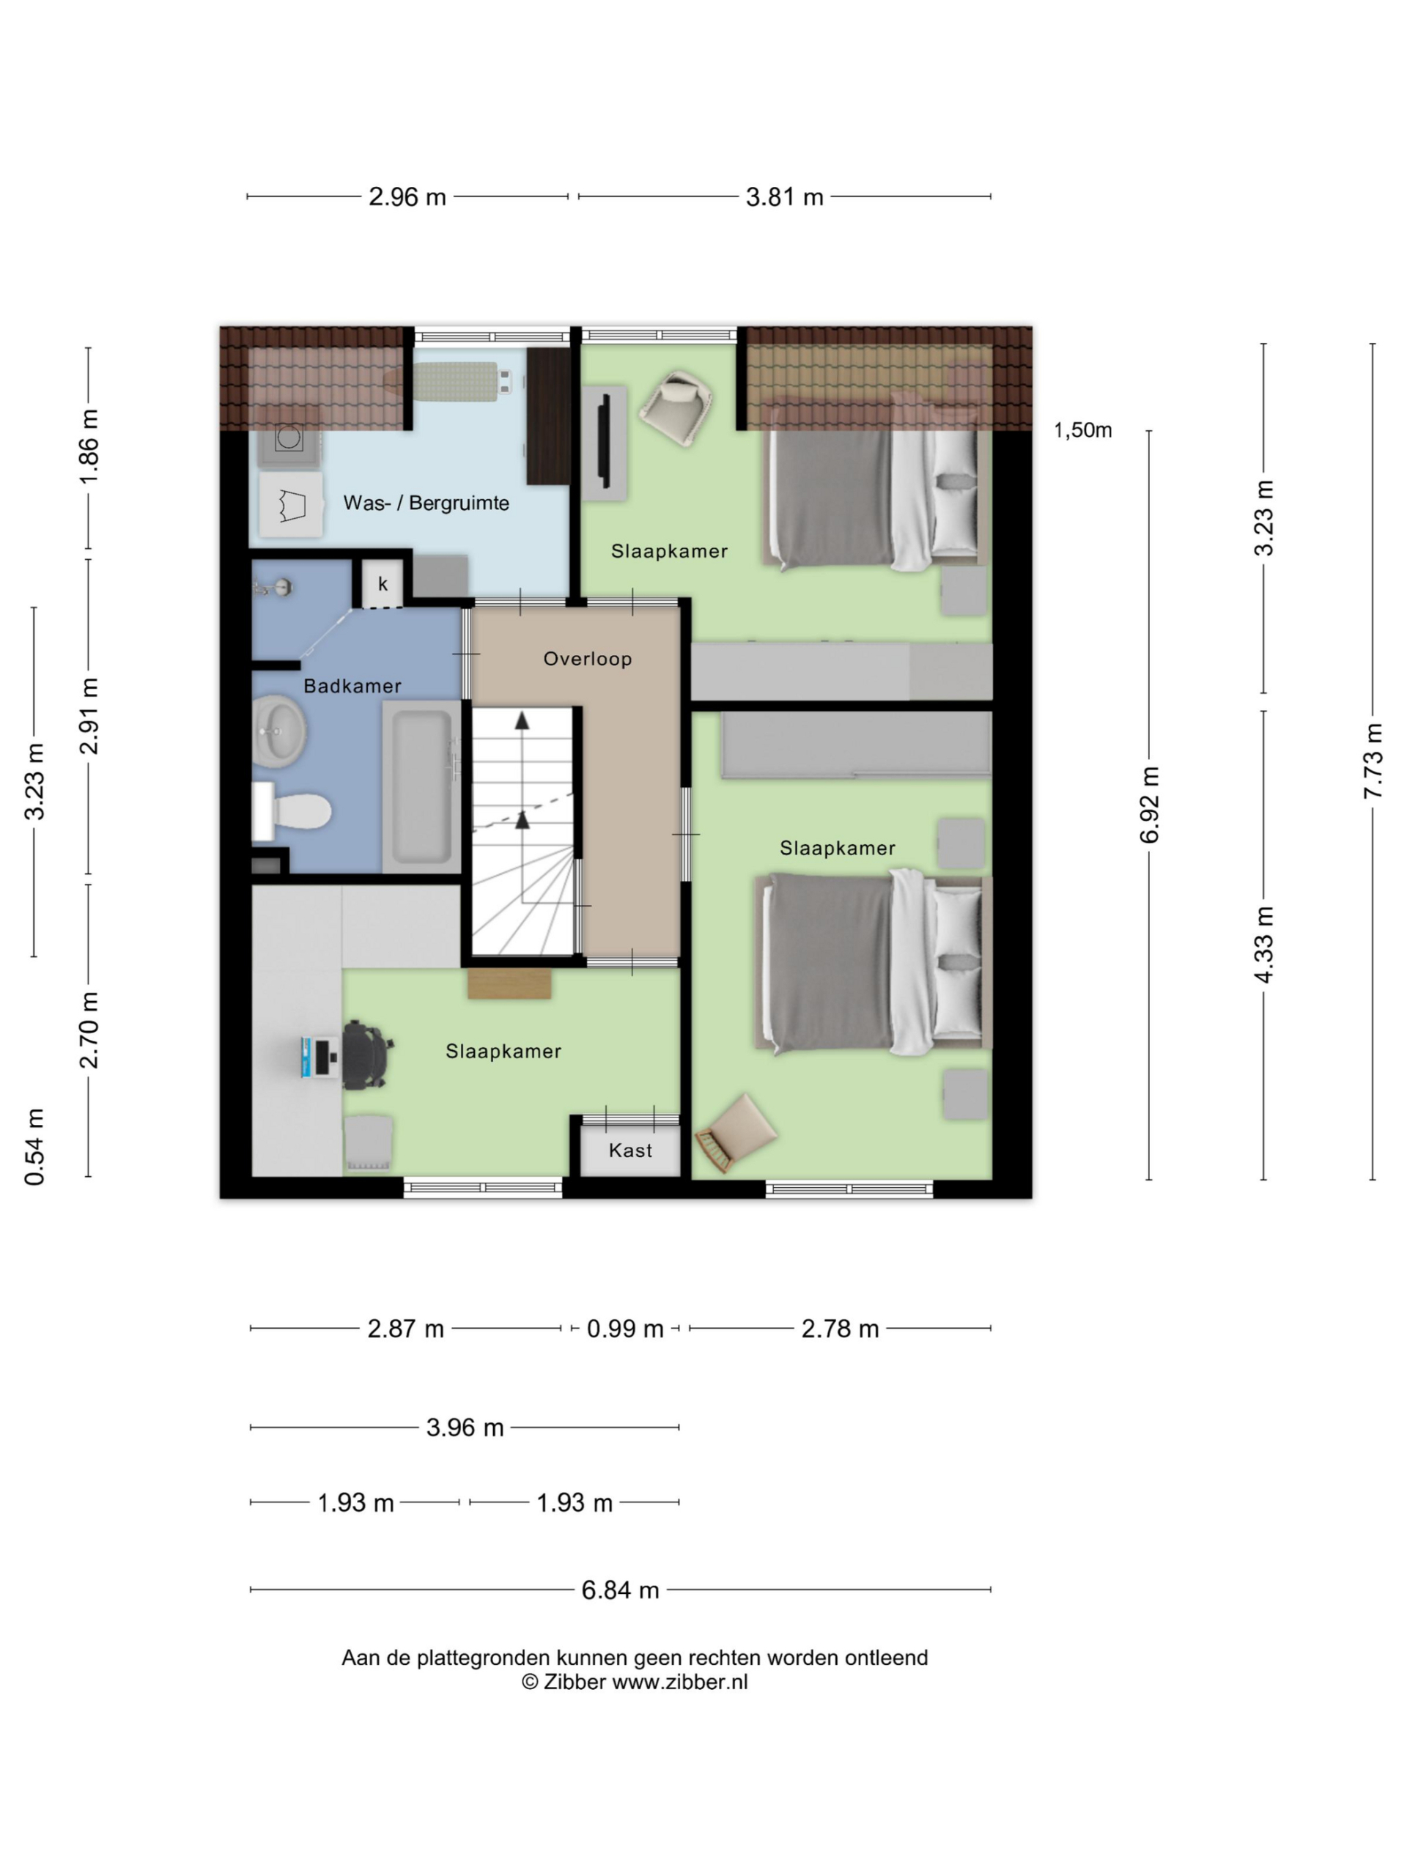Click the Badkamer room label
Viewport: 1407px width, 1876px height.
[x=352, y=686]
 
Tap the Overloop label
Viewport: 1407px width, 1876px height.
[x=587, y=659]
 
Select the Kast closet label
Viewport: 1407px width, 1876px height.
[x=630, y=1151]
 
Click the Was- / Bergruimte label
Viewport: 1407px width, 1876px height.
[x=426, y=503]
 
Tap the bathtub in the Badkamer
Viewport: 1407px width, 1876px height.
[x=421, y=786]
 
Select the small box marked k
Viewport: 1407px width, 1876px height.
[x=383, y=583]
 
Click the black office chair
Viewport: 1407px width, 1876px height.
[x=366, y=1055]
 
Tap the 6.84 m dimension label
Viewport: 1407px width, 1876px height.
[x=620, y=1590]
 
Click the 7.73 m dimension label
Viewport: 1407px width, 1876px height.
[x=1373, y=761]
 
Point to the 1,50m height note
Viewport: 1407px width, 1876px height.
[x=1082, y=431]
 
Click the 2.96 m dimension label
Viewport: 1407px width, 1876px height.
[x=407, y=196]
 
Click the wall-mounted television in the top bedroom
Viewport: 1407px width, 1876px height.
[x=605, y=442]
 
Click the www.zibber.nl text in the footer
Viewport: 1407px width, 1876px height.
[x=679, y=1683]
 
